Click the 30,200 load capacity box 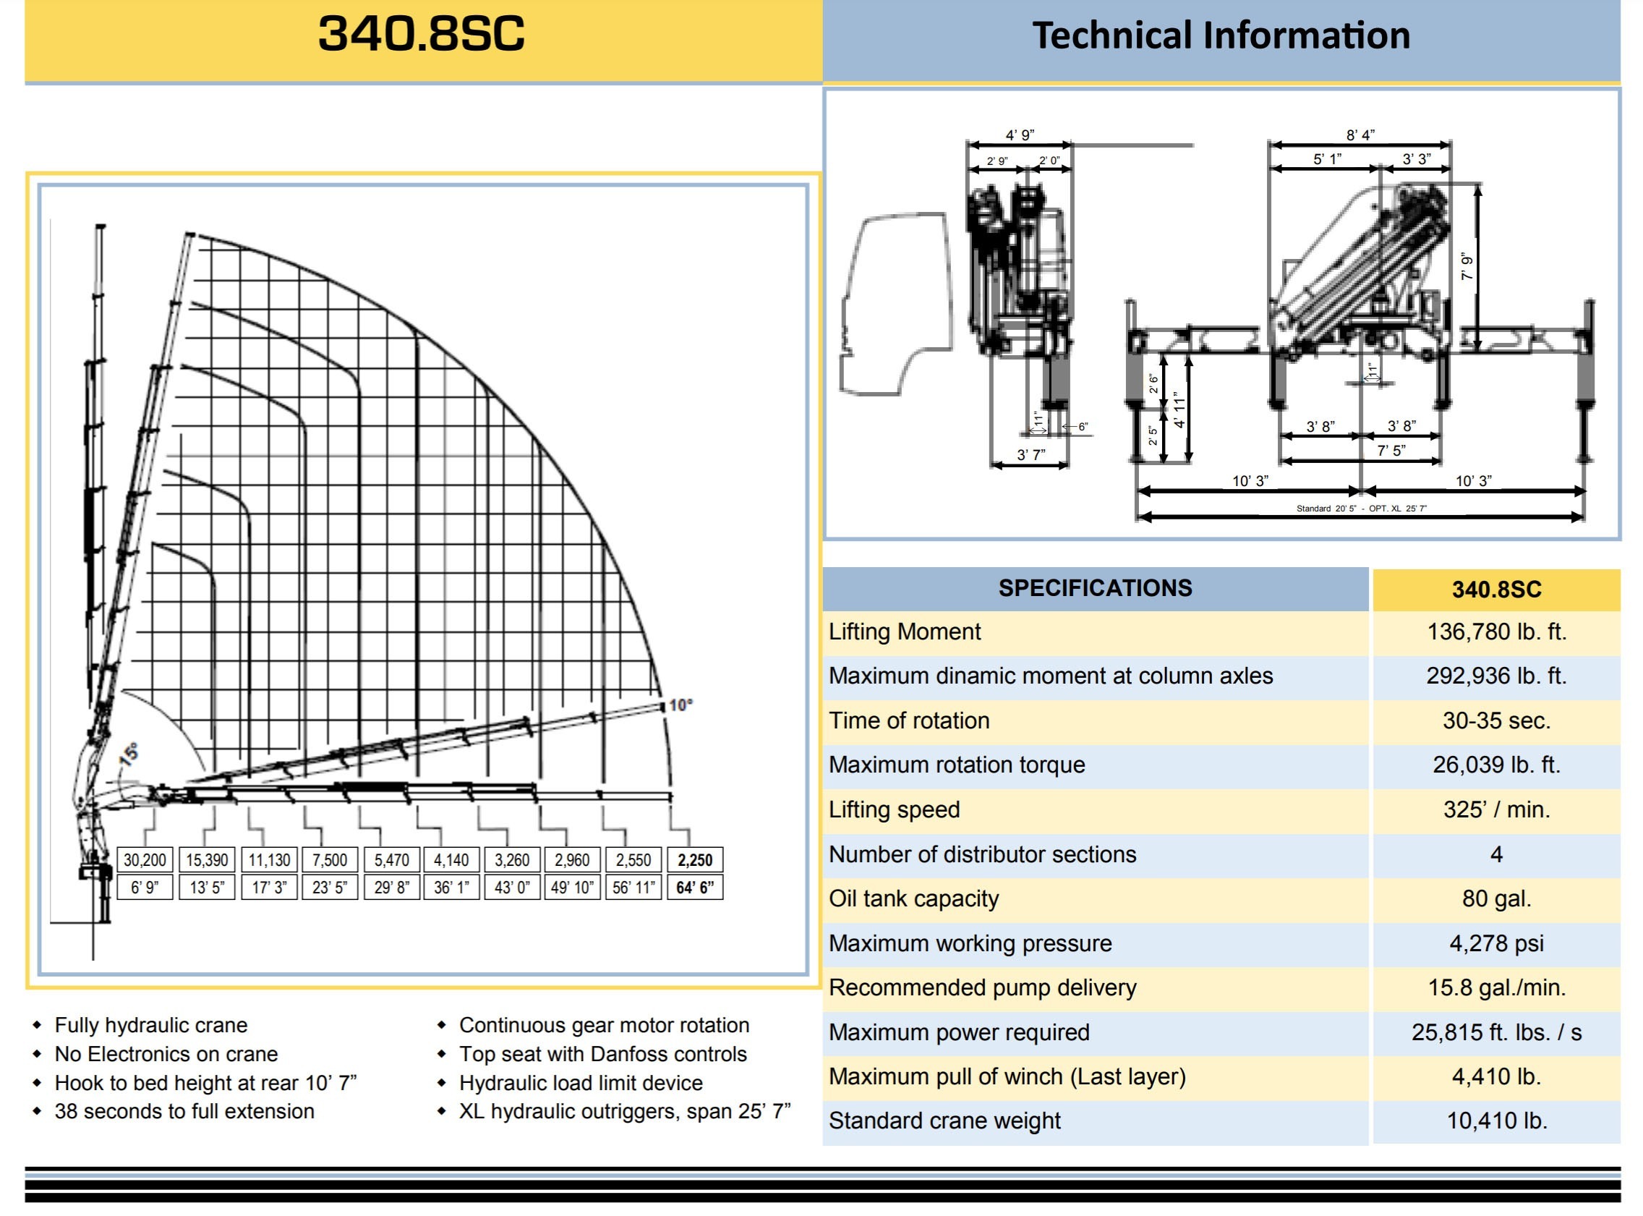[144, 860]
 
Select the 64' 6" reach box [694, 888]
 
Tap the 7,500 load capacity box [330, 860]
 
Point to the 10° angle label [680, 705]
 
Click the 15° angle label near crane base [129, 754]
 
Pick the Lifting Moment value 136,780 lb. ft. [1496, 632]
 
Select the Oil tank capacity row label [914, 898]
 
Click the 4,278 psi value [1496, 943]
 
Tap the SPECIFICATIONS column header [1095, 588]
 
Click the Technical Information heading [1221, 35]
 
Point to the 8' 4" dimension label [1360, 135]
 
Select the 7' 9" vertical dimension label [1467, 266]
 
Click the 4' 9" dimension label [1020, 135]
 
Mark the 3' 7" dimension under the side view [1030, 455]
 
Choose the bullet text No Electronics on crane [166, 1054]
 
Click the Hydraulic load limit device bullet [581, 1083]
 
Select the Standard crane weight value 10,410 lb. [1497, 1121]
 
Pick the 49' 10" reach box [572, 888]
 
